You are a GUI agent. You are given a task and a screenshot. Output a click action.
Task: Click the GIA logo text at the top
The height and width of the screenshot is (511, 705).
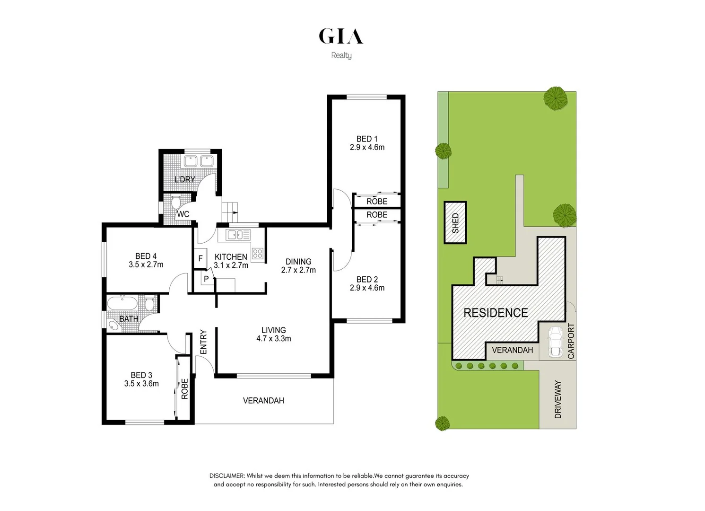point(341,36)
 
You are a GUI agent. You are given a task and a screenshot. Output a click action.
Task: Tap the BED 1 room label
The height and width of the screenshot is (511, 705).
point(367,139)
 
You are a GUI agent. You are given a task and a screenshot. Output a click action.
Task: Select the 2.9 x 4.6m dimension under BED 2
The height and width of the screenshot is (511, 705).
point(367,288)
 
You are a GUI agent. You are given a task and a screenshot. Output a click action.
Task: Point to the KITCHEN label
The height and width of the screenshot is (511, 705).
point(231,257)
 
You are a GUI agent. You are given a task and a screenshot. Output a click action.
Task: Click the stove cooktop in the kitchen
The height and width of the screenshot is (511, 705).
point(257,253)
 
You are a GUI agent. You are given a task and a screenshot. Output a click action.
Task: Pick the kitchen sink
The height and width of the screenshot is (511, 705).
point(238,235)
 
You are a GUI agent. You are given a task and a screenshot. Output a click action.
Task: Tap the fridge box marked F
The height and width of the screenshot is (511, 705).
point(200,259)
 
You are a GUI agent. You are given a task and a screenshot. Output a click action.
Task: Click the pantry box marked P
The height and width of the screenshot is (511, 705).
point(206,279)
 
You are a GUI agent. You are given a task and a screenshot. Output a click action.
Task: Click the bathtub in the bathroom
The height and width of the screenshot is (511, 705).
point(122,303)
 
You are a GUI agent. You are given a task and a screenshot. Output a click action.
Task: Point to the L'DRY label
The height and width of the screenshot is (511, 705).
point(184,179)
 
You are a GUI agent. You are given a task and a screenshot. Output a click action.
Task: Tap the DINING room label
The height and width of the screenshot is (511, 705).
point(298,262)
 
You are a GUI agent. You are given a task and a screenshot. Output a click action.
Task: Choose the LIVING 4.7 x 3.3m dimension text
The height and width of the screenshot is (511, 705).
point(274,339)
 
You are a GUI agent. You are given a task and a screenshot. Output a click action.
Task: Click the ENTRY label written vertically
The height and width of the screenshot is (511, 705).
point(203,342)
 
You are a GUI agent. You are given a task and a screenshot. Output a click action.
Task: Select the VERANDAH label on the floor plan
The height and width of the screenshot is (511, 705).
point(263,401)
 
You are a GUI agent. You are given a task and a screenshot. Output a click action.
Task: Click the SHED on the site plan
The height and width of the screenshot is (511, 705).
point(455,223)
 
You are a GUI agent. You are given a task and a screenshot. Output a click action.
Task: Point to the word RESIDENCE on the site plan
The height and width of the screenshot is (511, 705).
point(496,313)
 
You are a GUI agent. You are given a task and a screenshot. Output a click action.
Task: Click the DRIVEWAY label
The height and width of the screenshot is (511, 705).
point(558,399)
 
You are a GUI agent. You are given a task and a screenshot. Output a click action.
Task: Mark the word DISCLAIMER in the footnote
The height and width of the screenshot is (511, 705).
point(227,476)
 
